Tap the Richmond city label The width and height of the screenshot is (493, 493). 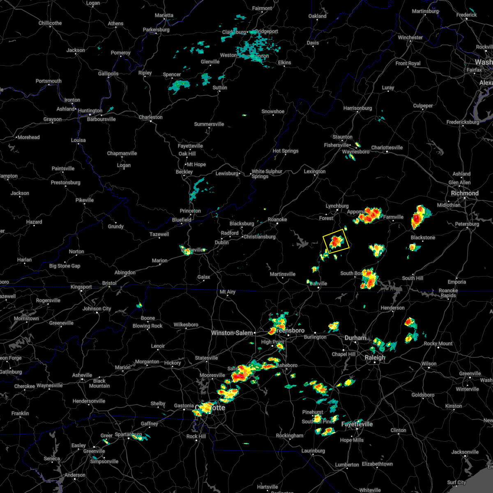click(x=465, y=193)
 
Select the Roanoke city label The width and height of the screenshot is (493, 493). click(x=277, y=219)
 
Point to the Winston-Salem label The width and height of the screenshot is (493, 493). click(x=232, y=333)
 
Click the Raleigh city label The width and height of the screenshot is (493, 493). click(x=375, y=357)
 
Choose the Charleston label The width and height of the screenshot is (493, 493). click(x=150, y=117)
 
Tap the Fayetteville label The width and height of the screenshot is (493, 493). click(x=357, y=424)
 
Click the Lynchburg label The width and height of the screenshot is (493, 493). click(x=337, y=206)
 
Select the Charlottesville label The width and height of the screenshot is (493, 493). click(x=387, y=147)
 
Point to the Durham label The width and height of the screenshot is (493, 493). click(x=355, y=338)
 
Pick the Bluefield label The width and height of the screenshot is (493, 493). click(x=182, y=220)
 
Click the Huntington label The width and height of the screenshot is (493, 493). click(x=90, y=111)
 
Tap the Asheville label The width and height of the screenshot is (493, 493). click(x=82, y=375)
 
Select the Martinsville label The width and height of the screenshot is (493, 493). click(x=283, y=274)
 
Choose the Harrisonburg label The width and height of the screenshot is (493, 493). click(x=357, y=108)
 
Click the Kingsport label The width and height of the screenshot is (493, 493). click(x=81, y=287)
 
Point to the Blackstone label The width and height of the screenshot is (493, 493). click(x=423, y=237)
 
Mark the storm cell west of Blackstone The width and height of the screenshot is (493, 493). click(x=377, y=249)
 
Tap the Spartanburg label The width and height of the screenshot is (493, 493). click(x=128, y=434)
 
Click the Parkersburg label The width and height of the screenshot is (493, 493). click(x=156, y=30)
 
